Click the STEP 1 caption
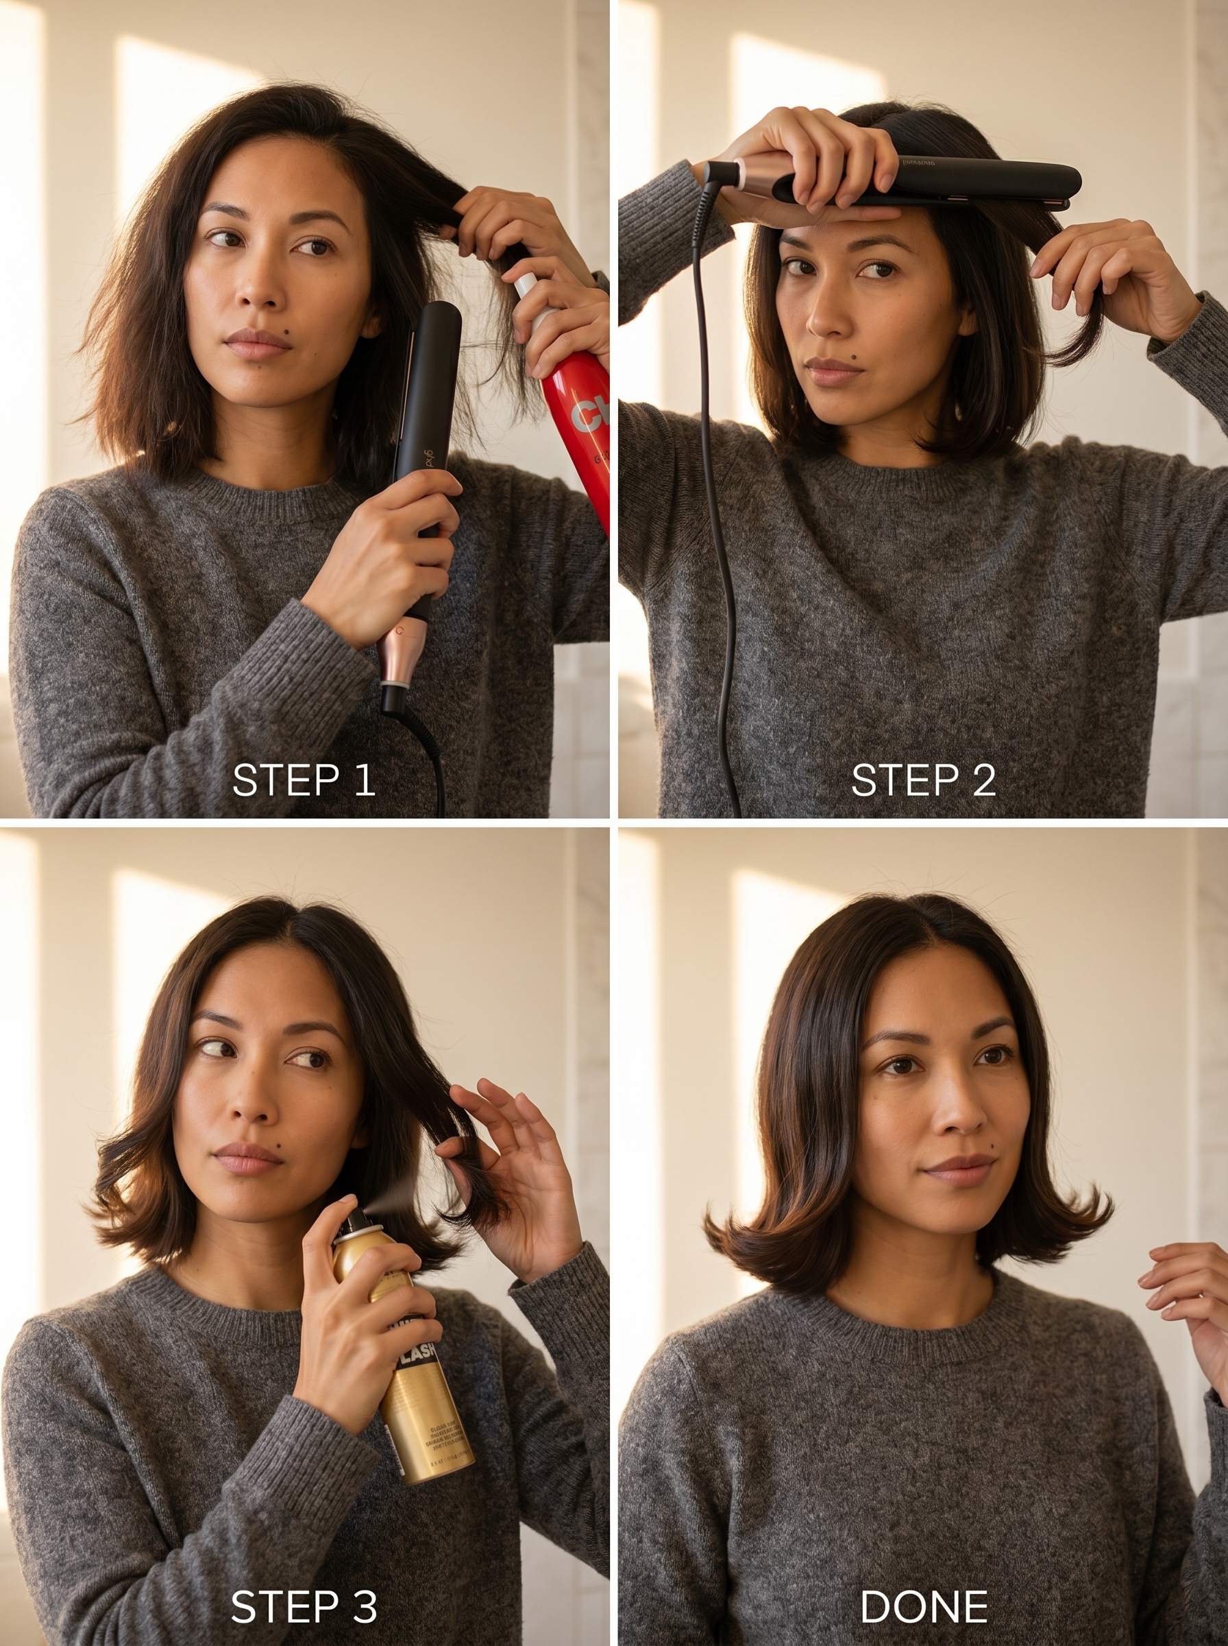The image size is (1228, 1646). point(304,780)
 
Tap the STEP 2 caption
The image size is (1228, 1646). point(922,780)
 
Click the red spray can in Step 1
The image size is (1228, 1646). point(576,416)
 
